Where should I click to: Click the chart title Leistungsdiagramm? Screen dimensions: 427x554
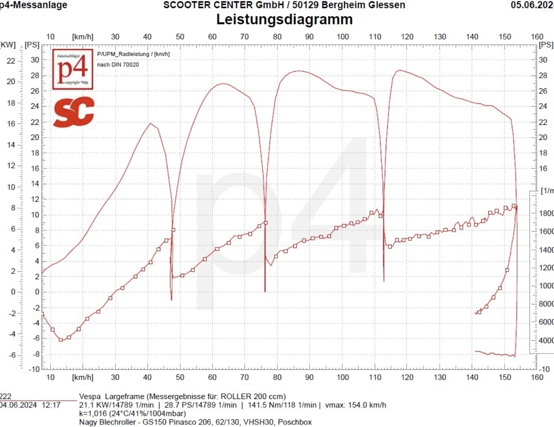(x=284, y=19)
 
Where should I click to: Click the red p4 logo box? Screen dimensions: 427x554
(x=73, y=69)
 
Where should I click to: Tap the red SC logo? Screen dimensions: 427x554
(x=74, y=112)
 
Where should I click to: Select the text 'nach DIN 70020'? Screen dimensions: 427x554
(x=118, y=65)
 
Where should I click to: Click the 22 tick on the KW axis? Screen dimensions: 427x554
(x=11, y=61)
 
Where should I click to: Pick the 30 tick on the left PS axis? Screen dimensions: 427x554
(x=35, y=60)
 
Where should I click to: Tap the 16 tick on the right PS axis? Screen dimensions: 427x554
(x=543, y=168)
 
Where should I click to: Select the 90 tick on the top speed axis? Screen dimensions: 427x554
(x=309, y=37)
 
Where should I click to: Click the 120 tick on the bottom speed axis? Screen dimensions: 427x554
(x=407, y=377)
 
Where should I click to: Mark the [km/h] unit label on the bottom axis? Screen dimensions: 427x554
(x=83, y=377)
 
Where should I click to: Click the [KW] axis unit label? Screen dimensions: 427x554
(x=8, y=45)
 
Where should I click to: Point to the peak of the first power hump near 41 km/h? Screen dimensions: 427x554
(x=150, y=123)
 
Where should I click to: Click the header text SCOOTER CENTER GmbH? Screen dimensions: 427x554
(x=224, y=5)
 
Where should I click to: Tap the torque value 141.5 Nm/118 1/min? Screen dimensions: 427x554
(x=282, y=405)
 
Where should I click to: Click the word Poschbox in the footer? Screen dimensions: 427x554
(x=295, y=422)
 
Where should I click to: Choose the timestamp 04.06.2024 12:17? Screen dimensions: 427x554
(x=30, y=405)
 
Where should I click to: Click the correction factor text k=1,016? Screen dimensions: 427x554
(x=93, y=413)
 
